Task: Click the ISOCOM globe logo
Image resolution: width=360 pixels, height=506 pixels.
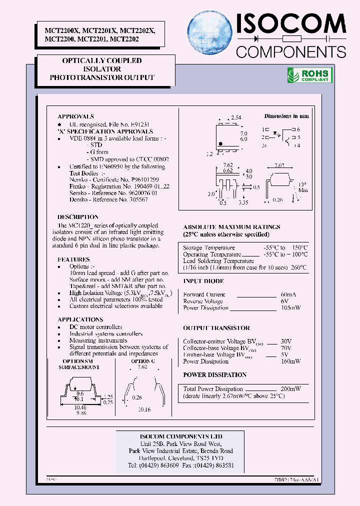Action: pyautogui.click(x=210, y=33)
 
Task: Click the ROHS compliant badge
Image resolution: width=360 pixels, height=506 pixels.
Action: pyautogui.click(x=309, y=75)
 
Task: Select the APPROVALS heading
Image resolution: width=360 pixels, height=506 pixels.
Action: pyautogui.click(x=75, y=116)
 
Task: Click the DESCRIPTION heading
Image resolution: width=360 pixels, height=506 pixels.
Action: pyautogui.click(x=78, y=217)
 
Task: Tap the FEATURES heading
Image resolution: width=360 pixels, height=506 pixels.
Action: pyautogui.click(x=73, y=259)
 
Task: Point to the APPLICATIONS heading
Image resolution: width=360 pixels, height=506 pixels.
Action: pyautogui.click(x=80, y=319)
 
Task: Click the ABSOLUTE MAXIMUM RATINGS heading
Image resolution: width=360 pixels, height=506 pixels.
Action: pyautogui.click(x=231, y=227)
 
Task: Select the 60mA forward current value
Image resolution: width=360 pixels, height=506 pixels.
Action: pyautogui.click(x=292, y=294)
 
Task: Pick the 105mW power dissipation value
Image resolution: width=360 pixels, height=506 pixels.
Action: pyautogui.click(x=291, y=308)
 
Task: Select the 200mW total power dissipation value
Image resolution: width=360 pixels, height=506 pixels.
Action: pyautogui.click(x=290, y=388)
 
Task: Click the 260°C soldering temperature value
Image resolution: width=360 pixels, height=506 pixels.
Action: pyautogui.click(x=298, y=267)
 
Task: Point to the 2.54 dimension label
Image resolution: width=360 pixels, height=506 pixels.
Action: pyautogui.click(x=236, y=117)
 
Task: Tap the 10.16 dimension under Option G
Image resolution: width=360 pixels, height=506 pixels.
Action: pyautogui.click(x=143, y=409)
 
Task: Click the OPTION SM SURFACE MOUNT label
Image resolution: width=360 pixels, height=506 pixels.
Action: pyautogui.click(x=77, y=363)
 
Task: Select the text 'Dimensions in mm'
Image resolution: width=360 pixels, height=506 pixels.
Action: pyautogui.click(x=286, y=116)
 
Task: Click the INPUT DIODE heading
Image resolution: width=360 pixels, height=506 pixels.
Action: pyautogui.click(x=203, y=281)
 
